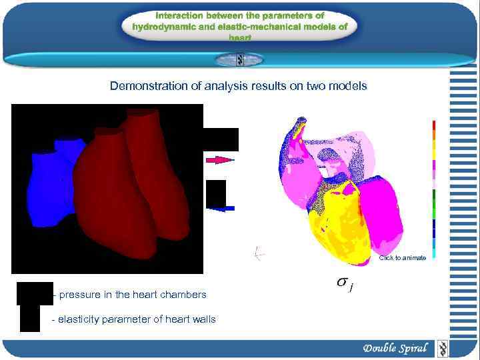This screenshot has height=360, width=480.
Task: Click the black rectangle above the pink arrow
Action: (x=220, y=139)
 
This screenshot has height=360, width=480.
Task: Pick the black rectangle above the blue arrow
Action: (x=216, y=193)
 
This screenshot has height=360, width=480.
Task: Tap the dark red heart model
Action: (x=127, y=187)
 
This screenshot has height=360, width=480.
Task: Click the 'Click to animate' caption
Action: (x=402, y=257)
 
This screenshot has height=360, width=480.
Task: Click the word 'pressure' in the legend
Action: (x=79, y=295)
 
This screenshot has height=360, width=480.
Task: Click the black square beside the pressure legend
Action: (x=35, y=293)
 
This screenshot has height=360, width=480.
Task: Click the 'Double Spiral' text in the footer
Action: (x=395, y=349)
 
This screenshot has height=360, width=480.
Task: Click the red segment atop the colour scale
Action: (x=433, y=125)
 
